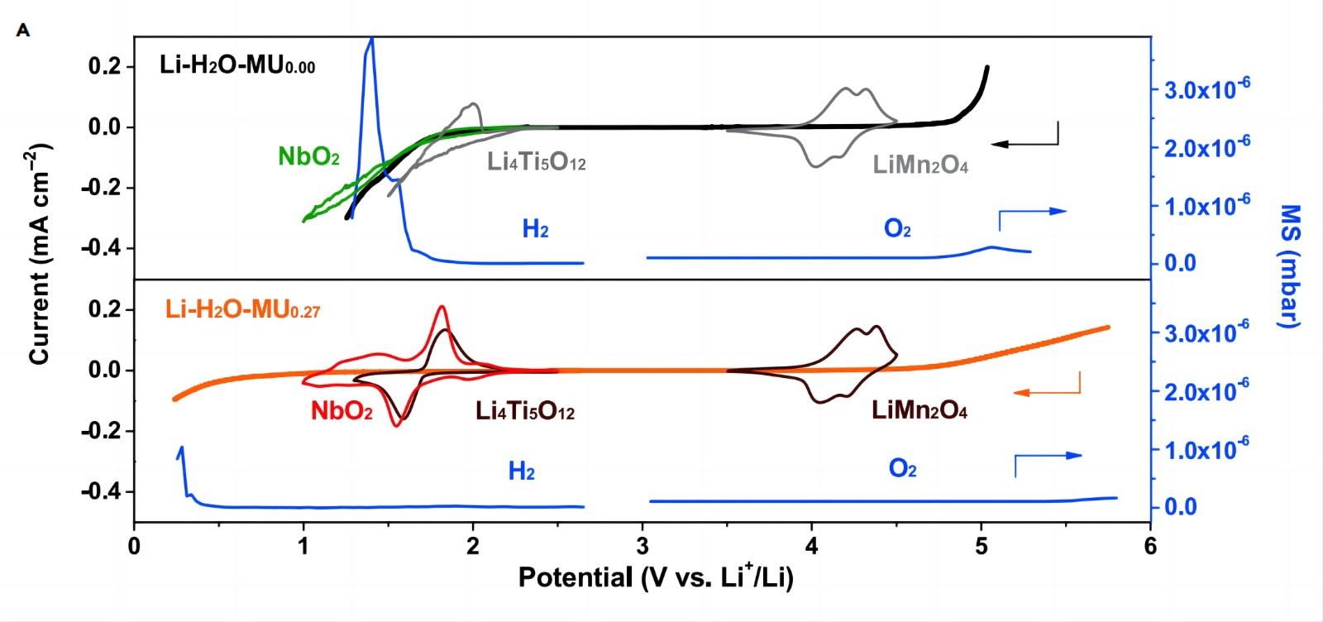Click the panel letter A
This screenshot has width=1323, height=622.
(x=23, y=31)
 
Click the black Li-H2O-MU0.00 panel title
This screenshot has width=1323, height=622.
(x=236, y=65)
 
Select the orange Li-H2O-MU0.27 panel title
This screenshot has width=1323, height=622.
(x=242, y=309)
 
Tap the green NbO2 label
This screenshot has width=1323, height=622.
(x=308, y=156)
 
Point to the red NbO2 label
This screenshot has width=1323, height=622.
(x=341, y=410)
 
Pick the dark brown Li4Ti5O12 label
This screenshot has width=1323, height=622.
(x=524, y=410)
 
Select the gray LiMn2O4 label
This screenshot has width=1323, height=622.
(x=919, y=165)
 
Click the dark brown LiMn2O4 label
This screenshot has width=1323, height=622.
(x=919, y=409)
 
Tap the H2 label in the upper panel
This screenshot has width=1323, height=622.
(x=535, y=229)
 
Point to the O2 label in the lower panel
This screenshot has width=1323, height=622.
(x=902, y=470)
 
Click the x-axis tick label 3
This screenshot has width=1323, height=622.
(x=642, y=546)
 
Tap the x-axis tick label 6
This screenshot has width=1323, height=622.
(x=1150, y=546)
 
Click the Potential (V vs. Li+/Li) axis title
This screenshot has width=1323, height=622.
(x=656, y=577)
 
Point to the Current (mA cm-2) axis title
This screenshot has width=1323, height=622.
(x=40, y=254)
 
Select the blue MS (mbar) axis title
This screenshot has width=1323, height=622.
(x=1289, y=266)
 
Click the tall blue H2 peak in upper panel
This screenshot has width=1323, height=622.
(x=370, y=58)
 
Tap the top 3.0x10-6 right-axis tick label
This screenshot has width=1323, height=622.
(x=1206, y=89)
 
